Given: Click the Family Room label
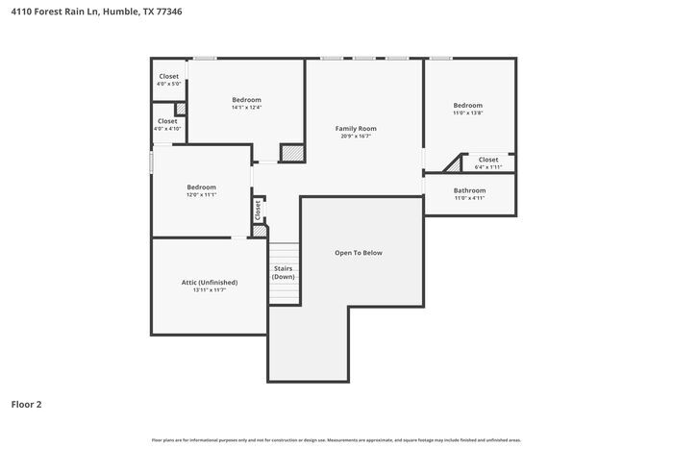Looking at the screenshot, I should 356,128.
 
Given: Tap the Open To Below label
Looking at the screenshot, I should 358,253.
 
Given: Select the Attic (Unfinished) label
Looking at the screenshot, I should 209,282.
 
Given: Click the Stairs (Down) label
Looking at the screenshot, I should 283,272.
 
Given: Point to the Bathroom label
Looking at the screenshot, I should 469,190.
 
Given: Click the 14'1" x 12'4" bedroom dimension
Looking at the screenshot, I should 246,108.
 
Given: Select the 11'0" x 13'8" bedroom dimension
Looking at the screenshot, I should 468,113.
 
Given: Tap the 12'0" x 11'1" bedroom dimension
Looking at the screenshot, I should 201,195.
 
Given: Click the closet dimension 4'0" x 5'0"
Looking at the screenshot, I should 168,84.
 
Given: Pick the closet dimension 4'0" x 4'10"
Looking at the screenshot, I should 168,129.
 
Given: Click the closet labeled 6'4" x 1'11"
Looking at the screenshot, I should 488,167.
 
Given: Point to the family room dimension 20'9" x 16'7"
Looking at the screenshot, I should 356,137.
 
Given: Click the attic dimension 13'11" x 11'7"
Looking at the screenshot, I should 209,290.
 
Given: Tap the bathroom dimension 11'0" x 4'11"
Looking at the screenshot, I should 469,199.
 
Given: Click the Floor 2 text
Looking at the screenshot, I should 26,405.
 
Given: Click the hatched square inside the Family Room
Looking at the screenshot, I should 291,154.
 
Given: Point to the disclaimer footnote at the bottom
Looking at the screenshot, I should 336,439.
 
